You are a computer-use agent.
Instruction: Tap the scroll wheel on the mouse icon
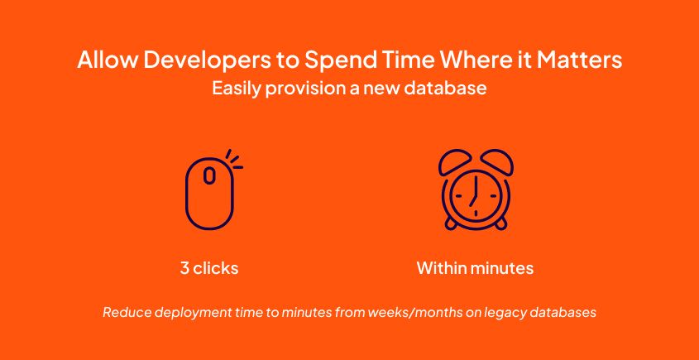click(209, 175)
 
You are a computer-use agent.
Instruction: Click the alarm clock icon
click(474, 190)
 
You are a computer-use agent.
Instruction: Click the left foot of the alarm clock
click(449, 223)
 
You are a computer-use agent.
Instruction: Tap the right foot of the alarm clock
click(500, 223)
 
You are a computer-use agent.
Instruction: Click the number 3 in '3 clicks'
click(184, 268)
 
